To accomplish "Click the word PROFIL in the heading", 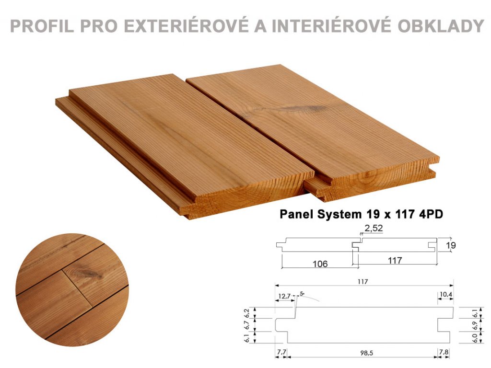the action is tap(42, 26).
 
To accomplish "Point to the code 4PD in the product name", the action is tap(431, 214).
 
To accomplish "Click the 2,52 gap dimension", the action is tap(374, 228).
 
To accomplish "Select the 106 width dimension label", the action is tap(320, 264).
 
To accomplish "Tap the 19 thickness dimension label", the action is tap(451, 245).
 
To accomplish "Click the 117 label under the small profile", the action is tap(395, 260).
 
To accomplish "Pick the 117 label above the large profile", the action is tap(362, 282).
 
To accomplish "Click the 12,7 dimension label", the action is tap(284, 296).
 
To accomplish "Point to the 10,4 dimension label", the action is tap(446, 295).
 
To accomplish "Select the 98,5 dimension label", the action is tap(366, 353).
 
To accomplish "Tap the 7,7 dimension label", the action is tap(281, 352).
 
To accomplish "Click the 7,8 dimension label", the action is tap(444, 352).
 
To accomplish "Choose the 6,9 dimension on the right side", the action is tap(475, 325).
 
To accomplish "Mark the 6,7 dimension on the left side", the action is tap(247, 325).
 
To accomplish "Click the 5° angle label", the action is tap(302, 294).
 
